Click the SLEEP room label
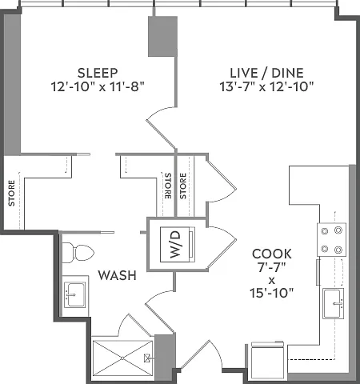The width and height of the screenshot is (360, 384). [98, 73]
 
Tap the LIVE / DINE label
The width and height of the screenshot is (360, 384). [266, 73]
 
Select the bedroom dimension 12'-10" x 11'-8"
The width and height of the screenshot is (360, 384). [98, 87]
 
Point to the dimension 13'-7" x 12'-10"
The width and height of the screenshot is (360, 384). [266, 87]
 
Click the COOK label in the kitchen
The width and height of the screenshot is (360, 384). [272, 254]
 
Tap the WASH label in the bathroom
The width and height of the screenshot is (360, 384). [118, 275]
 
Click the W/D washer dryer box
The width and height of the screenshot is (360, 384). [178, 244]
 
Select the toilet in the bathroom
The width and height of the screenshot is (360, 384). [78, 253]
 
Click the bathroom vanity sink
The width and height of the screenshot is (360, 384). [75, 295]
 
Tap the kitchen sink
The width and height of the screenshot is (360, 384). [333, 303]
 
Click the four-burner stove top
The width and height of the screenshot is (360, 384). [331, 240]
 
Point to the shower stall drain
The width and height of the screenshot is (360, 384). [122, 358]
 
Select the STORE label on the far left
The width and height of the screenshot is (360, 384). [11, 193]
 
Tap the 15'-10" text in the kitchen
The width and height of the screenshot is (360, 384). [271, 293]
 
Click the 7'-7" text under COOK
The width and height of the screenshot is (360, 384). [271, 267]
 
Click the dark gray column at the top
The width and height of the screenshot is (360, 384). [162, 36]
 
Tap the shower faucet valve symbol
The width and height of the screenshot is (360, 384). [146, 358]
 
